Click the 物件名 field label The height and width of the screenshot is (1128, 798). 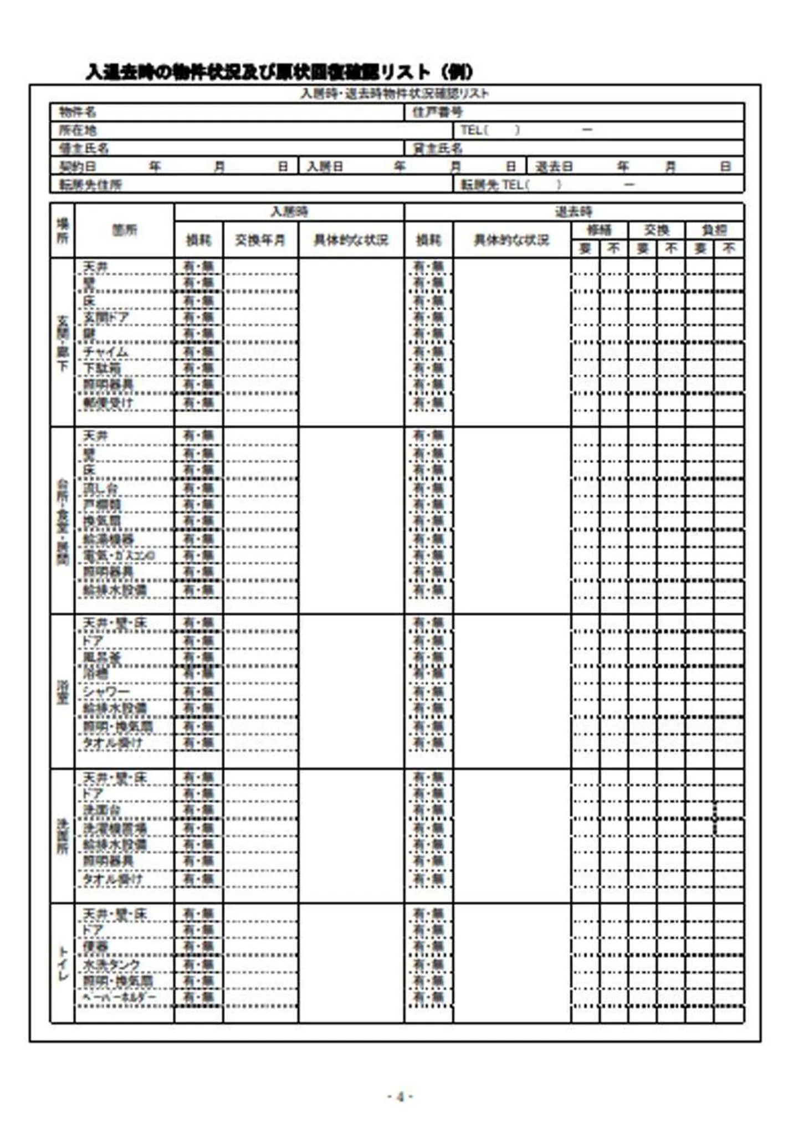coord(77,112)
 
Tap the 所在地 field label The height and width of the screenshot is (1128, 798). coord(77,131)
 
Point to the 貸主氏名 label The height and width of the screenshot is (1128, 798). coord(437,148)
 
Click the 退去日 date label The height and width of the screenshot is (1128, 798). coord(554,167)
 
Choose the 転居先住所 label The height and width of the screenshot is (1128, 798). coord(90,185)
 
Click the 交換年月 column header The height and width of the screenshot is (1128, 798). coord(260,240)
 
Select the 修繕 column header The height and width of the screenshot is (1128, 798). coord(599,230)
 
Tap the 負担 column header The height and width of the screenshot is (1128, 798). coord(714,230)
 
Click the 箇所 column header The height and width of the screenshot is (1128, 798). coord(124,230)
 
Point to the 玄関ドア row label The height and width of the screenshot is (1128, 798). coord(106,317)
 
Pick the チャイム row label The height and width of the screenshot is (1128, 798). coord(105,352)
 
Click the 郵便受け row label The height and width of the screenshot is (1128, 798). coord(108,403)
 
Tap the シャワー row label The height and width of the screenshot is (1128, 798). coord(106,692)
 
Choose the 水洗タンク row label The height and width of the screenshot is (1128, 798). coord(111,965)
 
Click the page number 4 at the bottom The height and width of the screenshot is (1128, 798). coord(400,1096)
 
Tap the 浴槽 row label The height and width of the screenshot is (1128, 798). coord(95,674)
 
